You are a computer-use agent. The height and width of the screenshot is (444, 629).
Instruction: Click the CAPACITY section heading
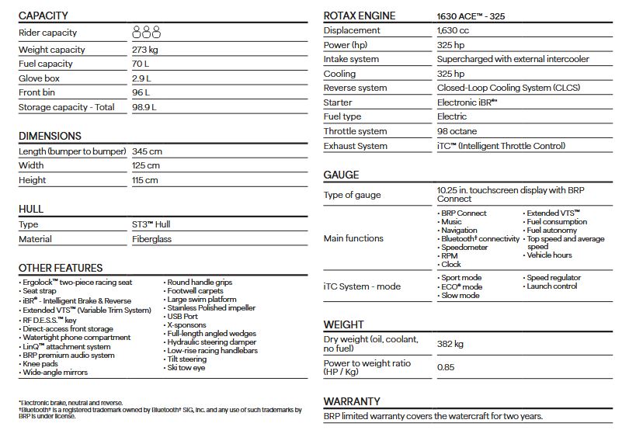[43, 16]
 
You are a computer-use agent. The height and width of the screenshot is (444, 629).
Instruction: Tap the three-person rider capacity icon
[146, 32]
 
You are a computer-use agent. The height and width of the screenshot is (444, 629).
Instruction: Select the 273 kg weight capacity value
[145, 50]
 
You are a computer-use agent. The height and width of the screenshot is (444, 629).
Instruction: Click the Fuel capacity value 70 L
[141, 64]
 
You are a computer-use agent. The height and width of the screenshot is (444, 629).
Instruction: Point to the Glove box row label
[40, 78]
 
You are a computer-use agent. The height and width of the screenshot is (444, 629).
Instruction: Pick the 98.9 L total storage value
[144, 107]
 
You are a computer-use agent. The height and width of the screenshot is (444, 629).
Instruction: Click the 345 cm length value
[147, 151]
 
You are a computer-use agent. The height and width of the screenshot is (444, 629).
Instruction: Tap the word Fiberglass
[152, 240]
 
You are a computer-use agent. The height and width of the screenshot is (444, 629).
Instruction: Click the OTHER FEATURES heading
[61, 268]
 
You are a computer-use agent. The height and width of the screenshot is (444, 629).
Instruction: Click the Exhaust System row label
[356, 146]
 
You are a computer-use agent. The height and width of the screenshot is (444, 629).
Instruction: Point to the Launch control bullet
[551, 286]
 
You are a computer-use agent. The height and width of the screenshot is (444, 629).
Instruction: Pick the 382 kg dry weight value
[451, 343]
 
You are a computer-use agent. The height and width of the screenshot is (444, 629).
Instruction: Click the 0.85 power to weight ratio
[446, 367]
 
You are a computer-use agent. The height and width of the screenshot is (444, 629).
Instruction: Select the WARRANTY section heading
[352, 401]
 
